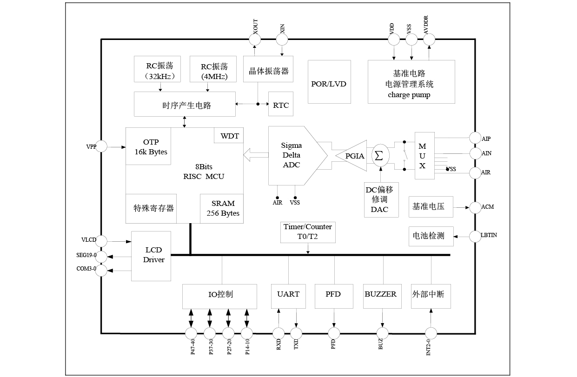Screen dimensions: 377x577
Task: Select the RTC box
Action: tap(280, 105)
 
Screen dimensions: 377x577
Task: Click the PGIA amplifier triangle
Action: tap(354, 156)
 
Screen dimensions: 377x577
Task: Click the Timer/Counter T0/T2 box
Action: tap(308, 232)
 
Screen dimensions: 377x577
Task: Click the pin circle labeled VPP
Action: tap(101, 146)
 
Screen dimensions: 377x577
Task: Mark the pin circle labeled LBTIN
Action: tap(475, 236)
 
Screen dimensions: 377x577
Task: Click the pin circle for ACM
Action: tap(475, 207)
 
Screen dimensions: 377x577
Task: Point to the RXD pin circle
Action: tap(279, 333)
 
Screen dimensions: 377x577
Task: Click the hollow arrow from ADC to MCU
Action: tap(255, 155)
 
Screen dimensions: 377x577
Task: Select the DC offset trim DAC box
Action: tap(379, 199)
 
